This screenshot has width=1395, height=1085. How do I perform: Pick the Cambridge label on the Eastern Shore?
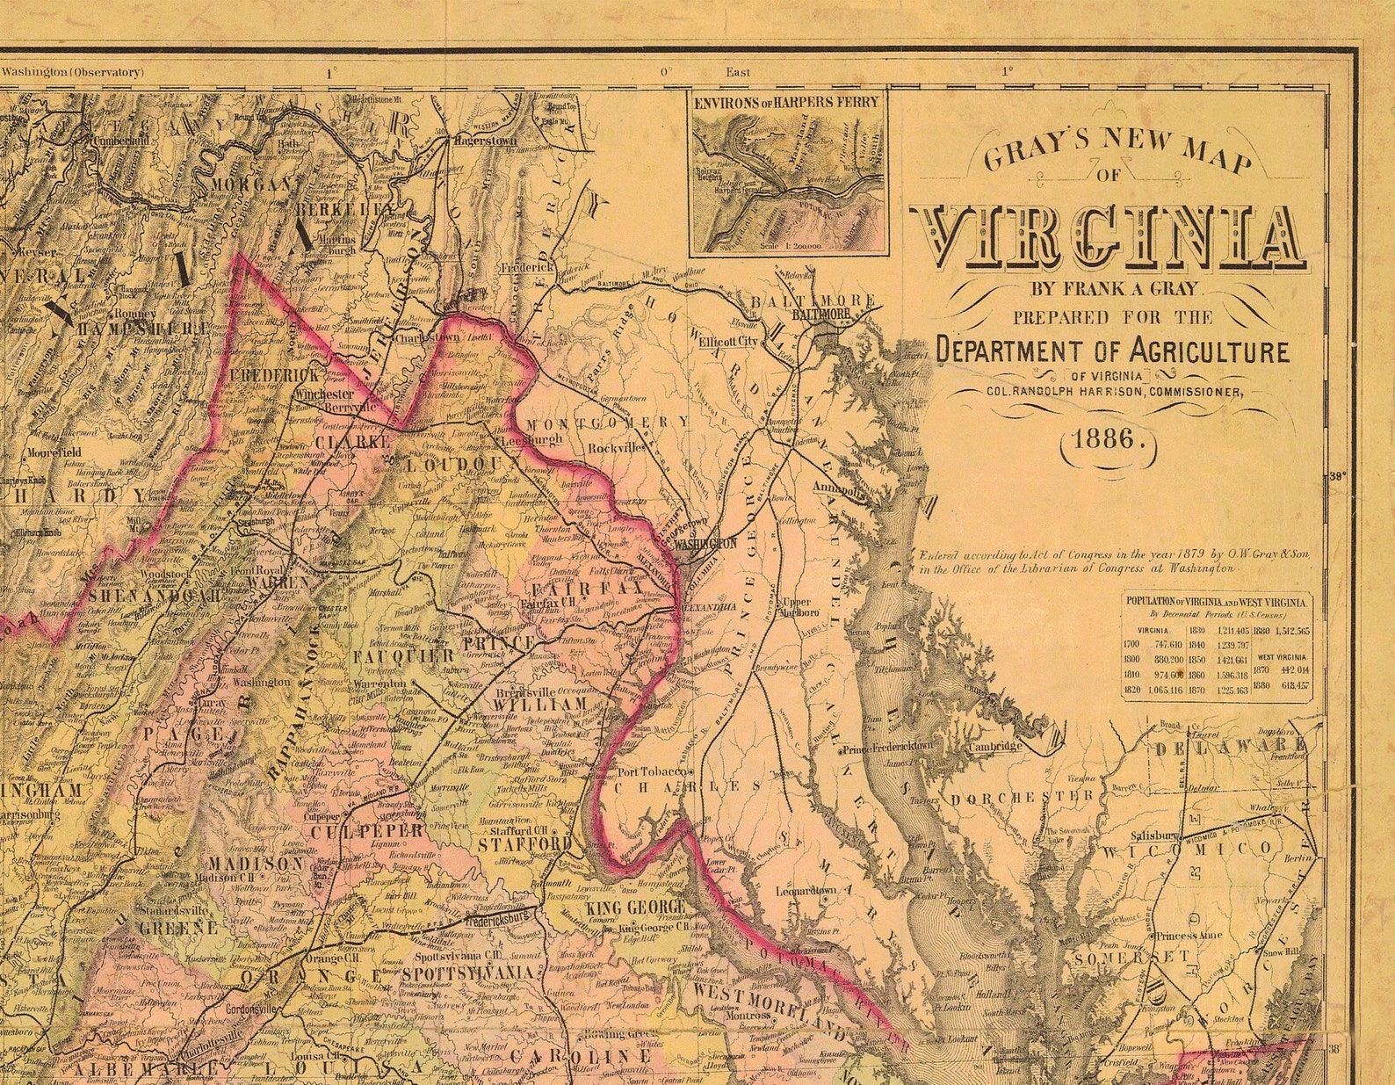click(x=994, y=747)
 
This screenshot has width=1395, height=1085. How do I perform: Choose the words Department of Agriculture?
click(x=1112, y=351)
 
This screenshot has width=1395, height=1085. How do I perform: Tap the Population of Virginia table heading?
click(x=1216, y=603)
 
